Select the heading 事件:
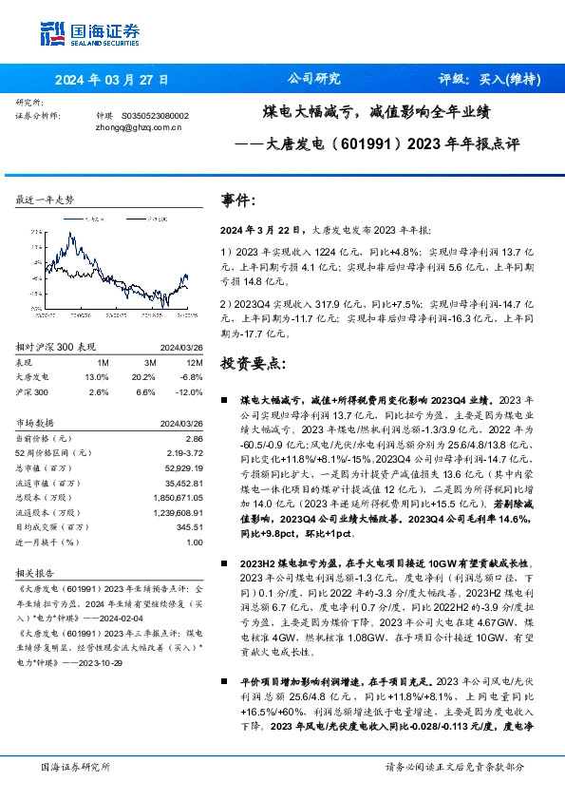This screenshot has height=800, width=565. pyautogui.click(x=238, y=201)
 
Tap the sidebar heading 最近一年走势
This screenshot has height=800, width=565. pyautogui.click(x=45, y=200)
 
